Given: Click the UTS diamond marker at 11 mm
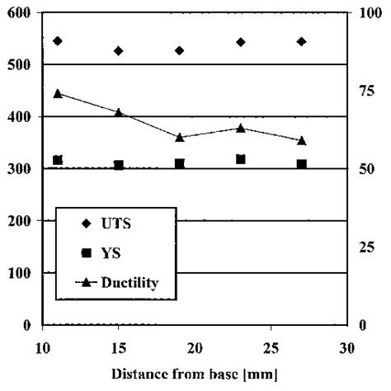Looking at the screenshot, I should (x=58, y=40).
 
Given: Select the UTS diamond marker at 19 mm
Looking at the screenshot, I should (x=179, y=50).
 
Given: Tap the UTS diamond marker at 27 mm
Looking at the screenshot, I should (x=301, y=41).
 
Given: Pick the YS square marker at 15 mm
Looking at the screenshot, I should (x=119, y=166).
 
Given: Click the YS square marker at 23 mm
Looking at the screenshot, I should (x=240, y=159).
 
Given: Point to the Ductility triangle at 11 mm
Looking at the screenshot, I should (x=58, y=93).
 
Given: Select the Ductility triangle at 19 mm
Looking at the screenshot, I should (x=179, y=137).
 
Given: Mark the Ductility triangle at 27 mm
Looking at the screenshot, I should (x=301, y=141).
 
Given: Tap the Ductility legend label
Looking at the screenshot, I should (x=130, y=283).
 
